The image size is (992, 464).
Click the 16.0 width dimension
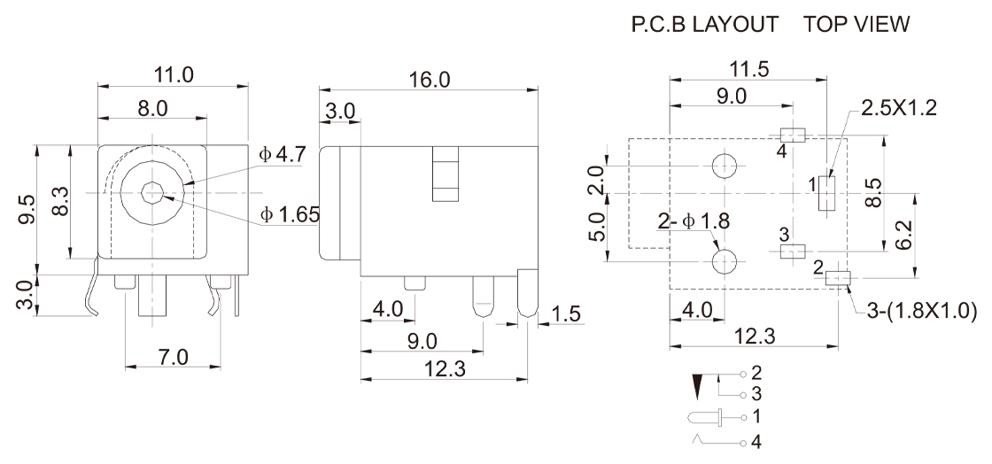[x=429, y=80]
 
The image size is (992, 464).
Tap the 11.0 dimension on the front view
[x=173, y=74]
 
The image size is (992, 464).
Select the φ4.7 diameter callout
[x=283, y=154]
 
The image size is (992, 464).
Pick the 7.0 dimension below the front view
[x=172, y=358]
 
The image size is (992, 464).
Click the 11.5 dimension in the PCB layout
[x=747, y=70]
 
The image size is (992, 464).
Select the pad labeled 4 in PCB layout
[x=792, y=135]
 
